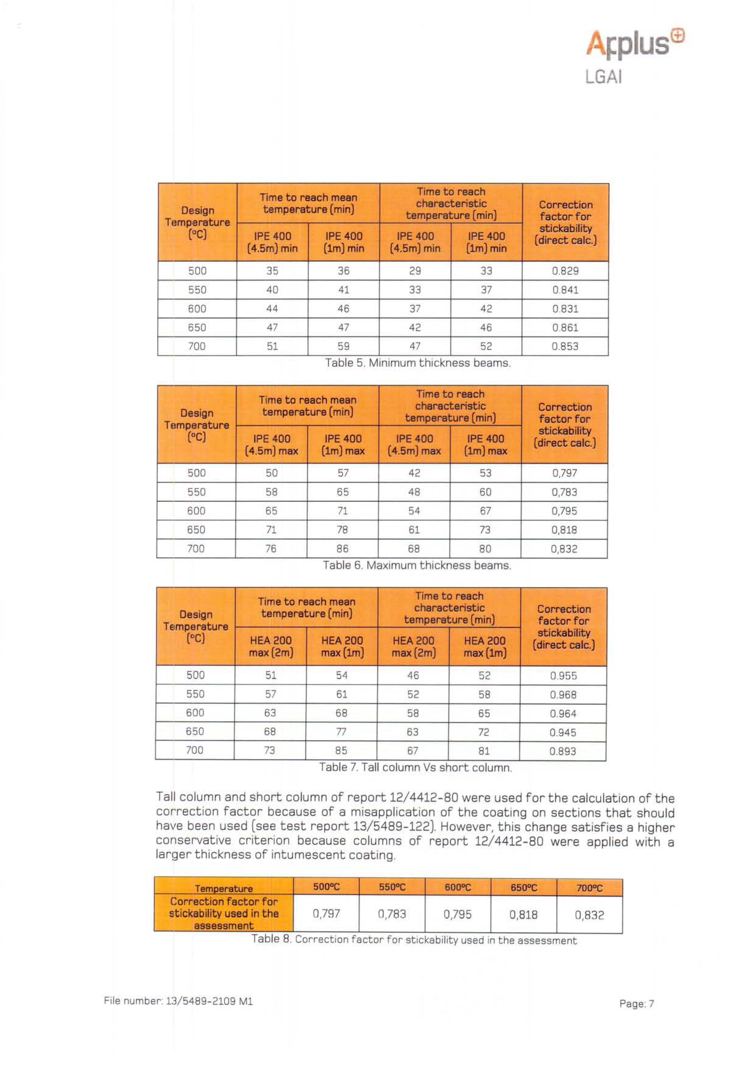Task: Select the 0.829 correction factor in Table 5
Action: [x=565, y=271]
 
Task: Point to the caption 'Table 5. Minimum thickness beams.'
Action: [x=418, y=363]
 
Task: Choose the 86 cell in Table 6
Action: [x=343, y=548]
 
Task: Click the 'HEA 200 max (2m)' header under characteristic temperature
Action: [x=413, y=646]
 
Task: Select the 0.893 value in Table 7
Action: [x=563, y=751]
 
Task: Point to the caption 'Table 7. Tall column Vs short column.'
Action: [x=415, y=767]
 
